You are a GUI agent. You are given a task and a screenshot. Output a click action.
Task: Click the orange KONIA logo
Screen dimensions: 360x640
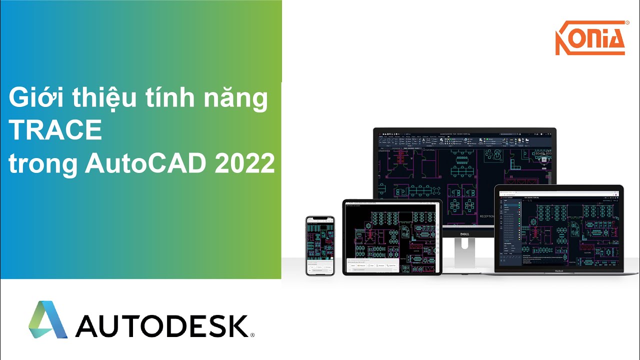(590, 38)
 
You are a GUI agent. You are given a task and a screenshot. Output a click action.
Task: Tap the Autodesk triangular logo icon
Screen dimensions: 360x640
(48, 319)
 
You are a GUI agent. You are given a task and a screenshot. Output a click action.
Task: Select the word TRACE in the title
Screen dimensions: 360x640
(55, 130)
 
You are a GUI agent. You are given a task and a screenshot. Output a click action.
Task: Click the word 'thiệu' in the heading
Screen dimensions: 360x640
(107, 98)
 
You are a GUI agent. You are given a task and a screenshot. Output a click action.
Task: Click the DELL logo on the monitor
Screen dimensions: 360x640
(464, 233)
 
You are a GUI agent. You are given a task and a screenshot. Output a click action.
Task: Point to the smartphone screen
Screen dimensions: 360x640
(320, 245)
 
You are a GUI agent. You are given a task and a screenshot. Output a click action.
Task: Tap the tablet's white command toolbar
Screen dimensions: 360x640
(372, 265)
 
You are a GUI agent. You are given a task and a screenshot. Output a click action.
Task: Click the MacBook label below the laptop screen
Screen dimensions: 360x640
(558, 271)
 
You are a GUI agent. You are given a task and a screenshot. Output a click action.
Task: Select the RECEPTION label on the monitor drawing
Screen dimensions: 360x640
(487, 216)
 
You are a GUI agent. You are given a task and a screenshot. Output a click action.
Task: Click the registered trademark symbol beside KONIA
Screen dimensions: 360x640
(627, 23)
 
